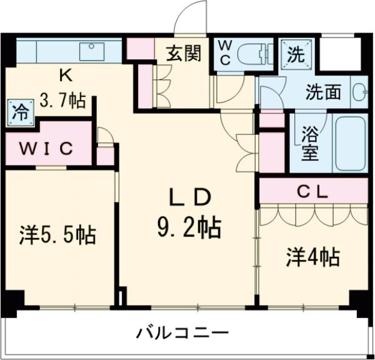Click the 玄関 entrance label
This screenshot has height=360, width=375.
coord(183,54)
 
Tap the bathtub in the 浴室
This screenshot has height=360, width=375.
coord(350,142)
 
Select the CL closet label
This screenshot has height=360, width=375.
coord(312,192)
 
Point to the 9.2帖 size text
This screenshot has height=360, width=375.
coord(188,227)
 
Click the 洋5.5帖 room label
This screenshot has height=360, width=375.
coord(56,236)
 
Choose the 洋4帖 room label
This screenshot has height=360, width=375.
coord(312,257)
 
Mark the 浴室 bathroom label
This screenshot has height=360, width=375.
coord(309,144)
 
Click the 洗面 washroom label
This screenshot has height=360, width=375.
coord(322,92)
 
